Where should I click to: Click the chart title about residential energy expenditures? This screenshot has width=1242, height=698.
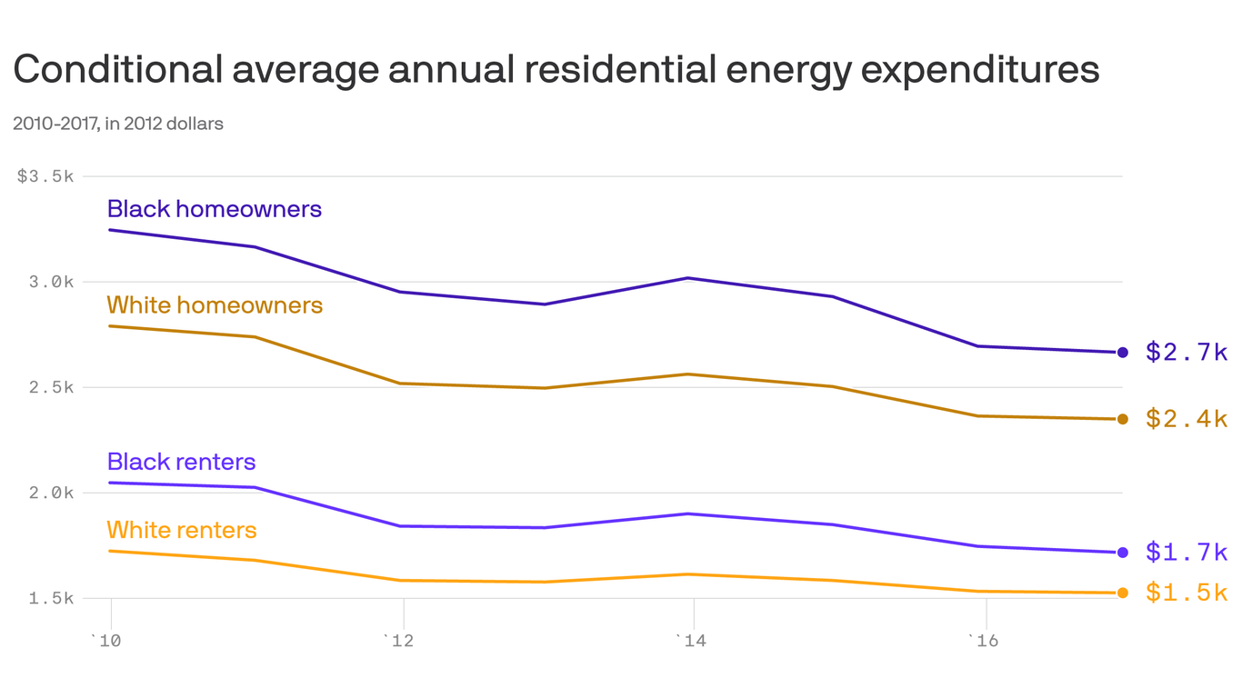(x=556, y=70)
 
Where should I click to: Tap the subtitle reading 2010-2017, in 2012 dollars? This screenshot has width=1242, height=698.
(x=118, y=124)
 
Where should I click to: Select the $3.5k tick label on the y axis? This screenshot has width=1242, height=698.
(x=45, y=176)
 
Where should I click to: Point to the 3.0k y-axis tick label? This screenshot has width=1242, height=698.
(x=51, y=282)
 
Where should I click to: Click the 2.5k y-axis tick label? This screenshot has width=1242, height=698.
(x=51, y=387)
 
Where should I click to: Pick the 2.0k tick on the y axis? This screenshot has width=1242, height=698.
(x=51, y=493)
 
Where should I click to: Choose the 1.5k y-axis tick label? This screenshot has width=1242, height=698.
(x=51, y=598)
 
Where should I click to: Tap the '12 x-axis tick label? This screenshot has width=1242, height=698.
(x=400, y=642)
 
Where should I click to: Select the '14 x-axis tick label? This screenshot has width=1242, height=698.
(x=691, y=642)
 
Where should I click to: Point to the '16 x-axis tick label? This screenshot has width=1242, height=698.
(x=982, y=642)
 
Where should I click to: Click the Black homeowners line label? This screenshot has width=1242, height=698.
(x=214, y=209)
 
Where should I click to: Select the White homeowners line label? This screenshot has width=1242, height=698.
(x=215, y=304)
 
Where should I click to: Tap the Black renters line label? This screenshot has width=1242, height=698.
(x=181, y=462)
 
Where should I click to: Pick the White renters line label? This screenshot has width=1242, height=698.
(x=182, y=530)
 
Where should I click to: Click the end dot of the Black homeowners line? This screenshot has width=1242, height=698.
(x=1123, y=353)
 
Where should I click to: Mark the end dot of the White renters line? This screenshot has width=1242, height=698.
(x=1123, y=593)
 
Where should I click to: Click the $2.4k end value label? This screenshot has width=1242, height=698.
(x=1187, y=419)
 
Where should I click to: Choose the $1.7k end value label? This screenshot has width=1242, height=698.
(x=1187, y=552)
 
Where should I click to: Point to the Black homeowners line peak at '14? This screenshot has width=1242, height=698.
(x=689, y=278)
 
